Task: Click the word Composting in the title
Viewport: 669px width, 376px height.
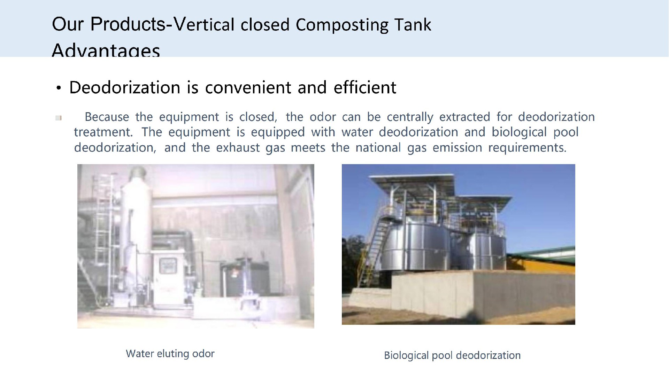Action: (x=342, y=25)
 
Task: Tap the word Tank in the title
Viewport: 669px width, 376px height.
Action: (x=413, y=25)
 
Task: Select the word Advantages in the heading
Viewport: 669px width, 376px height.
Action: (x=106, y=50)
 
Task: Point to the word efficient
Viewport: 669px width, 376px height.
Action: (x=365, y=87)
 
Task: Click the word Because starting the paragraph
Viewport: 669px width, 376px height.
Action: (x=107, y=117)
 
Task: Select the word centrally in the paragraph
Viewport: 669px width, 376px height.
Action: (x=410, y=117)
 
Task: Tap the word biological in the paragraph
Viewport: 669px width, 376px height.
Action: (x=519, y=132)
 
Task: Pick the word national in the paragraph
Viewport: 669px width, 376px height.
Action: (x=378, y=148)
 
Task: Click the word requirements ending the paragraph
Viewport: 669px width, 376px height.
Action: (x=527, y=148)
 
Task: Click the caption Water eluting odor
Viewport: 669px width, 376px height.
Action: (x=170, y=354)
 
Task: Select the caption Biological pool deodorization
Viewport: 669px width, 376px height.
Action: (x=452, y=355)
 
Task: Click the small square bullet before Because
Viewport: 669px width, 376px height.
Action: (x=58, y=118)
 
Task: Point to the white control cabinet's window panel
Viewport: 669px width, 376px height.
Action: (x=168, y=267)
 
